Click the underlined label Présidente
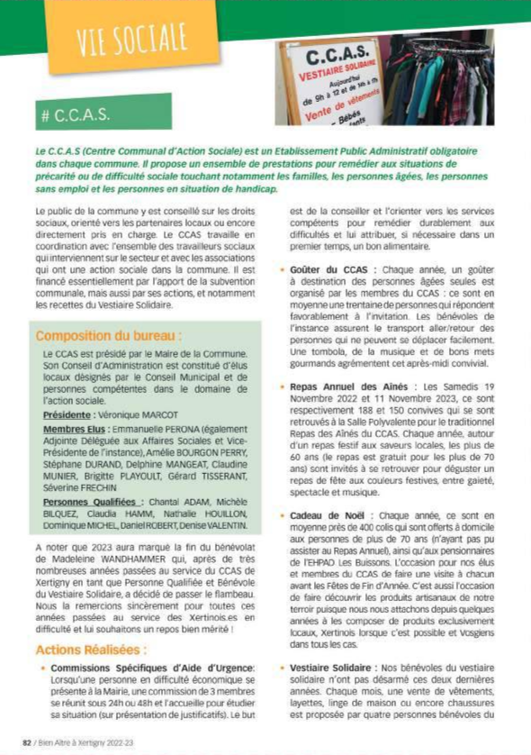coord(69,416)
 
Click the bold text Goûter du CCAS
coord(331,271)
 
